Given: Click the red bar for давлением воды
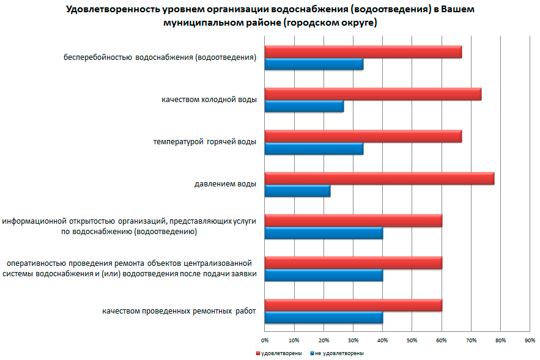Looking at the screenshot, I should pos(379,179).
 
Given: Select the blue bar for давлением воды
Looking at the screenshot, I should pos(297,191).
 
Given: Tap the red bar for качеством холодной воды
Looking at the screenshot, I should pos(373,94).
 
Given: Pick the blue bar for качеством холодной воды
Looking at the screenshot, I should pos(304,106).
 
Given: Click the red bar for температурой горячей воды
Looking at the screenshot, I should pos(363,136).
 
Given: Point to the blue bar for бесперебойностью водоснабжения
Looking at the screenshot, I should pos(314,64).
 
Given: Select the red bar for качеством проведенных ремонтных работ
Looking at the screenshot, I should pos(353,305).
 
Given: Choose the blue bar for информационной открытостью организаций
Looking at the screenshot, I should pos(324,233).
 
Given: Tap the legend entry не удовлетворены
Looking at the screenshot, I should pos(339,353).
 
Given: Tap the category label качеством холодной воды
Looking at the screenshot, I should pos(209,99).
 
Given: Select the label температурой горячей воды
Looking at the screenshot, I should pos(204,141).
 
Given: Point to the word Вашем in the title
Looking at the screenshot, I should pos(456,10).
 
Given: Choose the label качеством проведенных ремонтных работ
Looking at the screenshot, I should pos(179,310).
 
